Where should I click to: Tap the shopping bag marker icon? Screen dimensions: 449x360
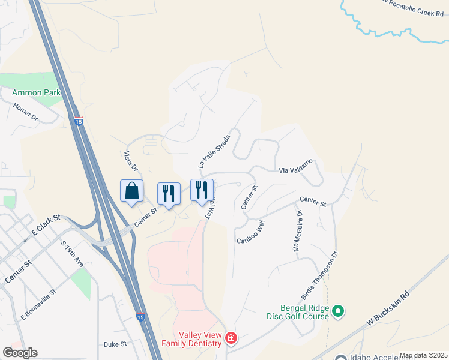click(x=132, y=191)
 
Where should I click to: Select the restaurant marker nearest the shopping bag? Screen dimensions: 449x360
click(x=169, y=194)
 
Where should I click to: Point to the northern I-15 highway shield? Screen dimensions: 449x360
click(x=79, y=121)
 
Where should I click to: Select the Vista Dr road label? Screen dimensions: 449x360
click(x=131, y=161)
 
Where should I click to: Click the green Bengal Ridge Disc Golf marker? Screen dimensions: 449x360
click(x=338, y=310)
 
